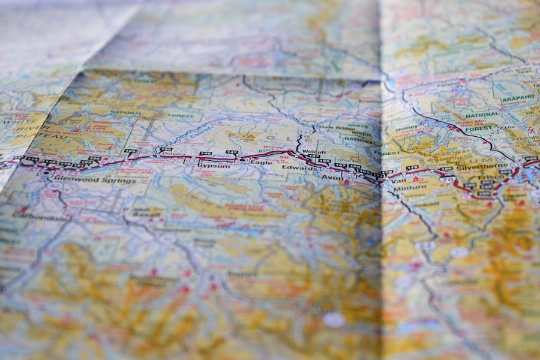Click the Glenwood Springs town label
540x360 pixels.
click(x=85, y=178)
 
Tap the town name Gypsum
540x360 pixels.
click(x=215, y=163)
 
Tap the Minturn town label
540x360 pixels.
click(x=410, y=187)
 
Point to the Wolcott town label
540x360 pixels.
click(x=314, y=152)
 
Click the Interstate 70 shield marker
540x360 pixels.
click(x=446, y=179)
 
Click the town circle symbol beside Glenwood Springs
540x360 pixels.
click(x=46, y=173)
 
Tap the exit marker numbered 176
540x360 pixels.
click(x=411, y=169)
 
